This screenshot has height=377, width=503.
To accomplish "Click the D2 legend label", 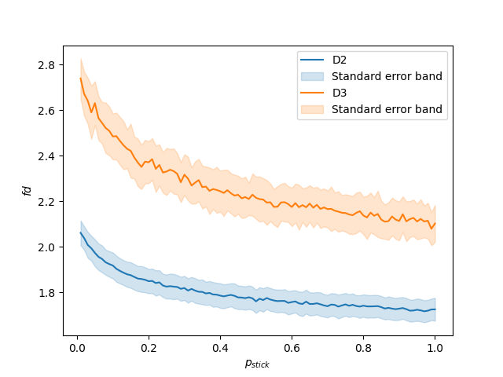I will coord(340,60).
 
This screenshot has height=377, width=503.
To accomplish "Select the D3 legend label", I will coord(340,93).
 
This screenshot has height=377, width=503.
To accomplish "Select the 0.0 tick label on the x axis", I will coord(77,348).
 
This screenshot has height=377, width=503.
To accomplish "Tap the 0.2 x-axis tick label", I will coord(149,348).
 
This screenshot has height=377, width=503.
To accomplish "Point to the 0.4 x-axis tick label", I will coord(220,348).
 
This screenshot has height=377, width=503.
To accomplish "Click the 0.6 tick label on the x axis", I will coord(292,348).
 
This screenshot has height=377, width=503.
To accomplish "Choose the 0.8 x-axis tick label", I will coord(363,348).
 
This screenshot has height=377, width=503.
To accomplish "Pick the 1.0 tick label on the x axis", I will coord(435,348).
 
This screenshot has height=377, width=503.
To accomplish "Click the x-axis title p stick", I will coord(255,364).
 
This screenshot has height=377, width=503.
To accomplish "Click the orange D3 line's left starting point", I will coord(81,78).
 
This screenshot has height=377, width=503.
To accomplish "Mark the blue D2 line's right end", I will coord(435,309).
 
